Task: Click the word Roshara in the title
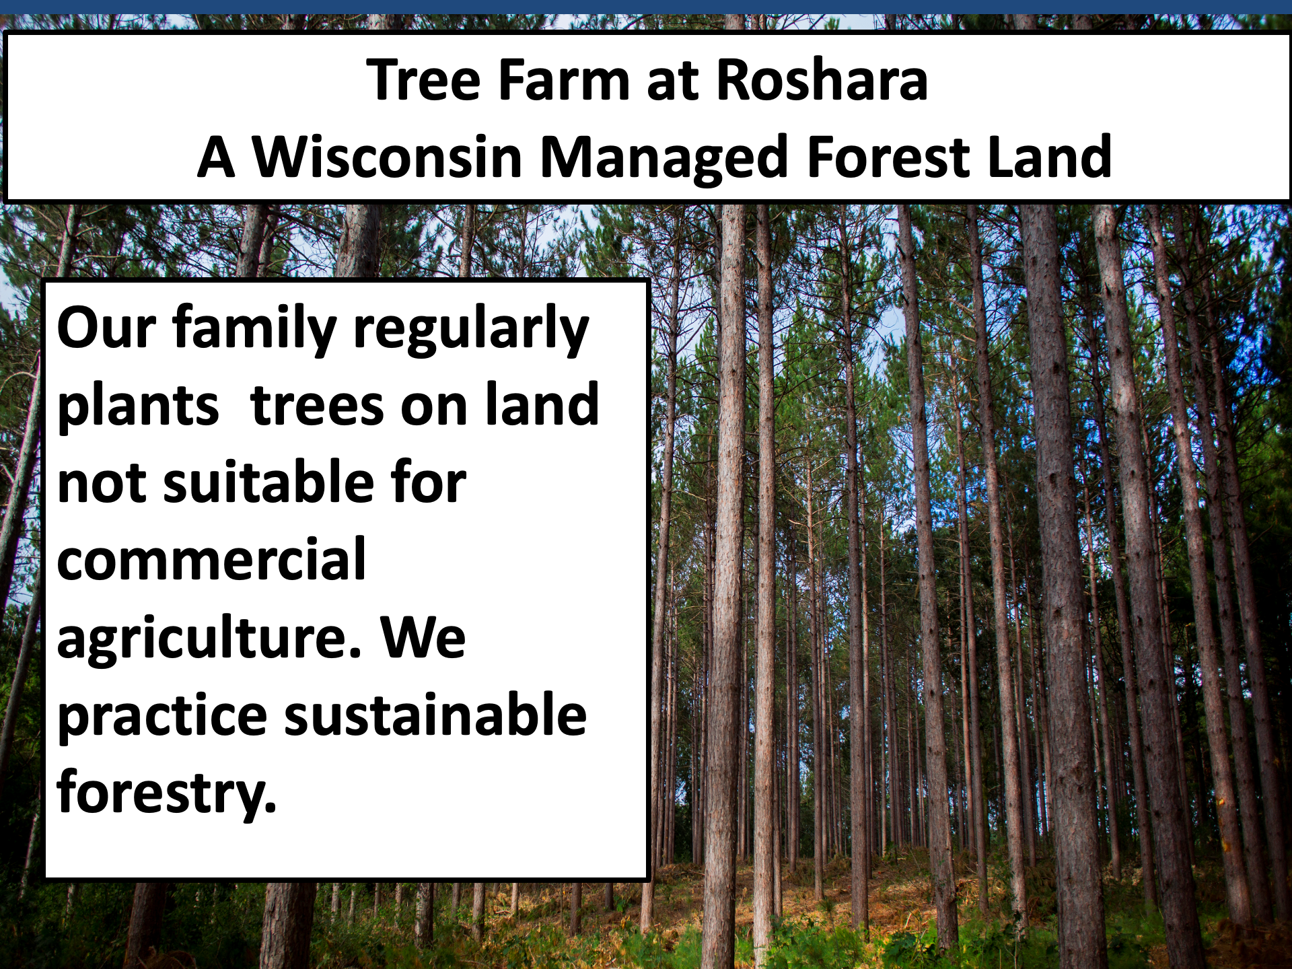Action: [x=822, y=79]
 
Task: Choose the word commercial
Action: [x=211, y=559]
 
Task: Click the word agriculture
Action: [x=209, y=639]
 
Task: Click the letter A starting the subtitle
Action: [x=216, y=157]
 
